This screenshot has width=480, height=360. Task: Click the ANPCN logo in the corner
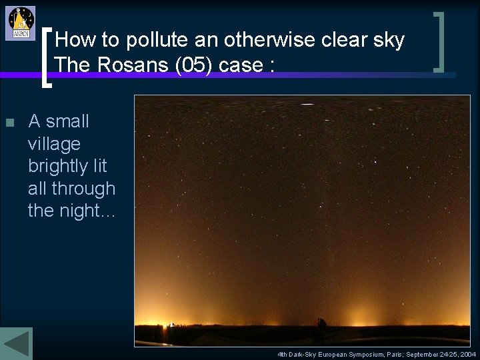21,23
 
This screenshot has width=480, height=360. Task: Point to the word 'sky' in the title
389,41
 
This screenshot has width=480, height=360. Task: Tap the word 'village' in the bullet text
54,144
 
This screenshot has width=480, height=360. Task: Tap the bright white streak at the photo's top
307,104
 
